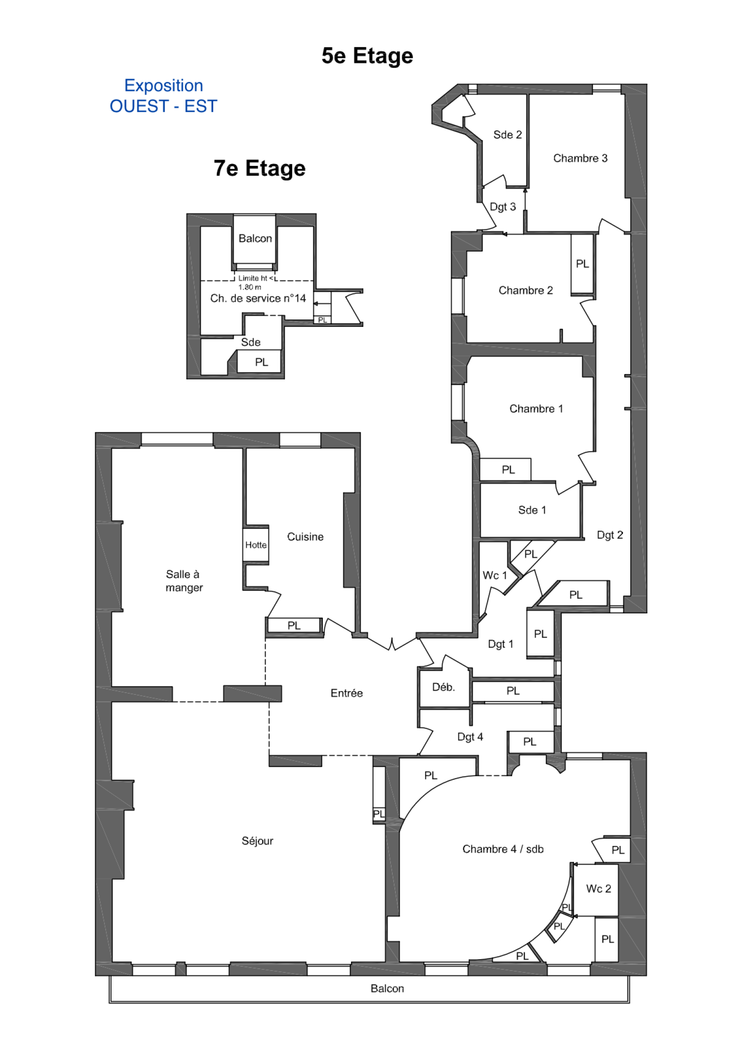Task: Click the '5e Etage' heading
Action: tap(367, 56)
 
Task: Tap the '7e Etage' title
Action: tap(259, 168)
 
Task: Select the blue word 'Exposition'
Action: tap(164, 86)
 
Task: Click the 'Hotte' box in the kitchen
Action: tap(256, 545)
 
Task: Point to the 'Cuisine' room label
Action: tap(305, 537)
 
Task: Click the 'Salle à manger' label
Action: tap(184, 581)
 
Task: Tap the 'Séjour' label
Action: tap(257, 841)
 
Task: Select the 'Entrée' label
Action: tap(346, 693)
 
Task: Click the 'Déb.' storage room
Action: tap(444, 688)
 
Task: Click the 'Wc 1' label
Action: tap(495, 576)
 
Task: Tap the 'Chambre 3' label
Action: tap(580, 159)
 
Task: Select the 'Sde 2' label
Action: tap(507, 135)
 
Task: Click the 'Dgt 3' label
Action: tap(503, 207)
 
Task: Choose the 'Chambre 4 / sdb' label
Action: tap(503, 849)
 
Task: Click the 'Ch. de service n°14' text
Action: tap(258, 299)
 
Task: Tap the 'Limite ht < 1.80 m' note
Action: tap(256, 282)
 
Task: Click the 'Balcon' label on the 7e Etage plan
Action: tap(255, 239)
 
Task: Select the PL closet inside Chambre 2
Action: tap(582, 264)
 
